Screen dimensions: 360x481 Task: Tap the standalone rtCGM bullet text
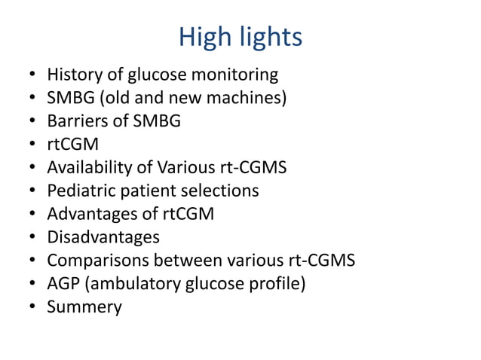click(x=73, y=145)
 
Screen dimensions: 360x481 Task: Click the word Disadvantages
click(x=103, y=238)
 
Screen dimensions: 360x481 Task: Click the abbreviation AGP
click(x=63, y=284)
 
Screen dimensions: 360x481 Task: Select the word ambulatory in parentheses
click(x=127, y=284)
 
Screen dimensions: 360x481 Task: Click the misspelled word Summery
click(x=84, y=307)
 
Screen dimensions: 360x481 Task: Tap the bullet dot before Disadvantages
click(x=31, y=238)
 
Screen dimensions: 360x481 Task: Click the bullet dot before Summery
click(x=31, y=307)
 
